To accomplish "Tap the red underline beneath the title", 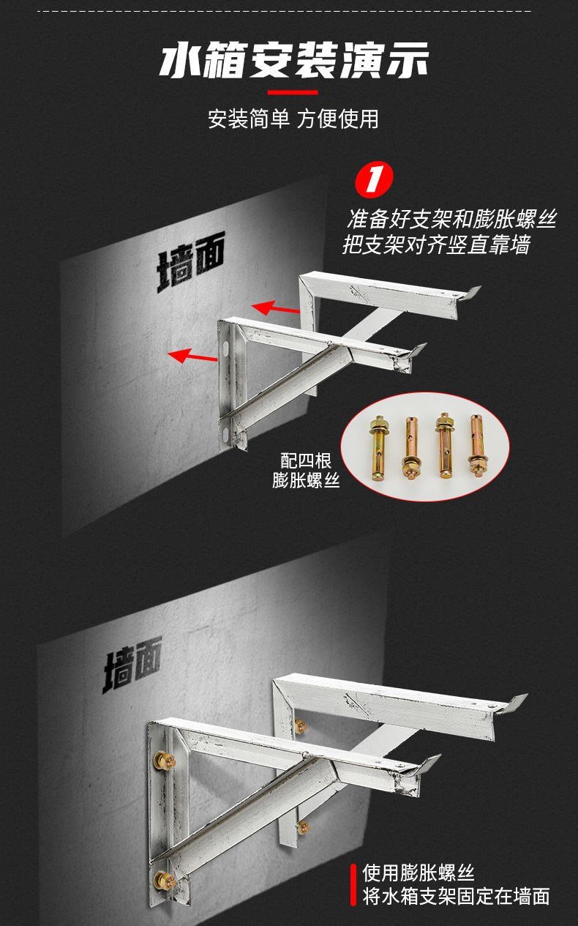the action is tap(292, 93).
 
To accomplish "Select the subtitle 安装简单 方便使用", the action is tap(293, 119).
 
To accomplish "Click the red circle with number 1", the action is tap(375, 179).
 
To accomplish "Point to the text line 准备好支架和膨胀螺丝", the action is tap(451, 219).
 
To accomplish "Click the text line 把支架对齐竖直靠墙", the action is tap(436, 244).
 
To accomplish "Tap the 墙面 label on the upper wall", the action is tap(191, 261).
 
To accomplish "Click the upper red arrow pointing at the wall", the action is tap(276, 308).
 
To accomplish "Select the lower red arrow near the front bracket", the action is tap(192, 356).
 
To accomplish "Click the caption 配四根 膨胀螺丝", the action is tap(306, 470).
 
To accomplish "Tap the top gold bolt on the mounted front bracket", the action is tap(164, 759).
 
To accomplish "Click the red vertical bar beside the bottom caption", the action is tap(353, 885).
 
